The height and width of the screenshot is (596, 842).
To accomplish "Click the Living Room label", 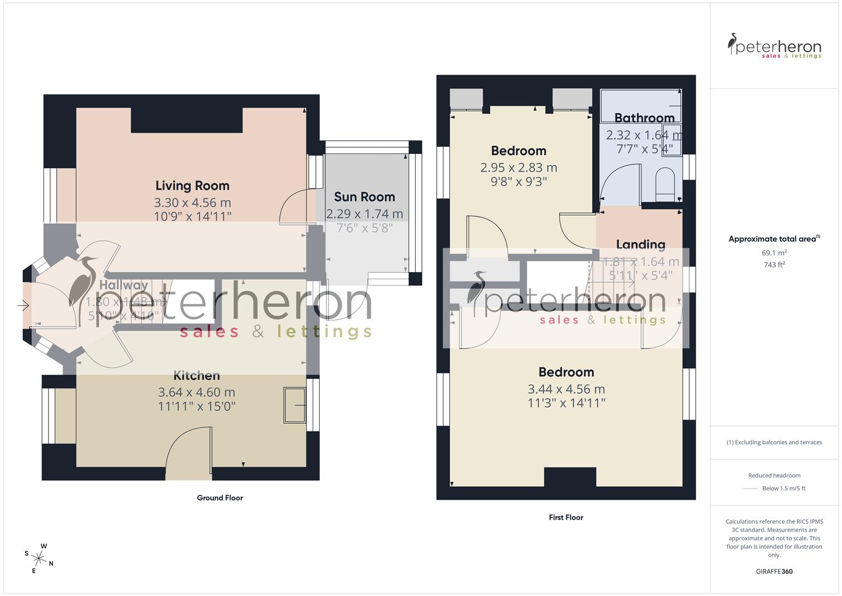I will pos(192,186).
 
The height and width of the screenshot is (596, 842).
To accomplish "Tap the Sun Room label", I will pos(364,197).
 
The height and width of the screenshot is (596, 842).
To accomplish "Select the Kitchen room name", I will pos(197,376).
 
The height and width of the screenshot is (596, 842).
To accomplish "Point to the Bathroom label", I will pos(644,118).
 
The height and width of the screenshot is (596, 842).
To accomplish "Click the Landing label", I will pos(640,244).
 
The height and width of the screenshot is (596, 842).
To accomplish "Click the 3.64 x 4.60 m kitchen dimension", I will pos(196,392).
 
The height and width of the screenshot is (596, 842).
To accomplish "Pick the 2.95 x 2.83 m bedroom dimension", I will pos(518,168).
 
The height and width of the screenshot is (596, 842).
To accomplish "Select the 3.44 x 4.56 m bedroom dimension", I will pos(566,389).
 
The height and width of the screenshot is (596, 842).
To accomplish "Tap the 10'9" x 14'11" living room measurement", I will pos(192,216).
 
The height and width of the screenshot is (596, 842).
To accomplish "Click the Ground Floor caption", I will pos(220,498).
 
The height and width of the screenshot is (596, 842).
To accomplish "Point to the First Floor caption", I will pos(566,518).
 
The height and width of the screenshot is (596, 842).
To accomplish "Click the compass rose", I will pos(39,558).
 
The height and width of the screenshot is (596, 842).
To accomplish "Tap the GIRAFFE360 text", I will pos(774,572).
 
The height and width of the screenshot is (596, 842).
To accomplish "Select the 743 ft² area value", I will pos(774,265).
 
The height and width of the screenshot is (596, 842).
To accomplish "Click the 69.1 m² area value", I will pos(774,253).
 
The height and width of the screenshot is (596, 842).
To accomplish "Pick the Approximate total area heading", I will pos(774,239).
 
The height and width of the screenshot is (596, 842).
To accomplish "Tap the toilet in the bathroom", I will pos(666,185).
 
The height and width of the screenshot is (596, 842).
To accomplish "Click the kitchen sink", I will pos(294,406).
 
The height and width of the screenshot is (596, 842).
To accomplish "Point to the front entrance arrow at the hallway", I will pos(23,305).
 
